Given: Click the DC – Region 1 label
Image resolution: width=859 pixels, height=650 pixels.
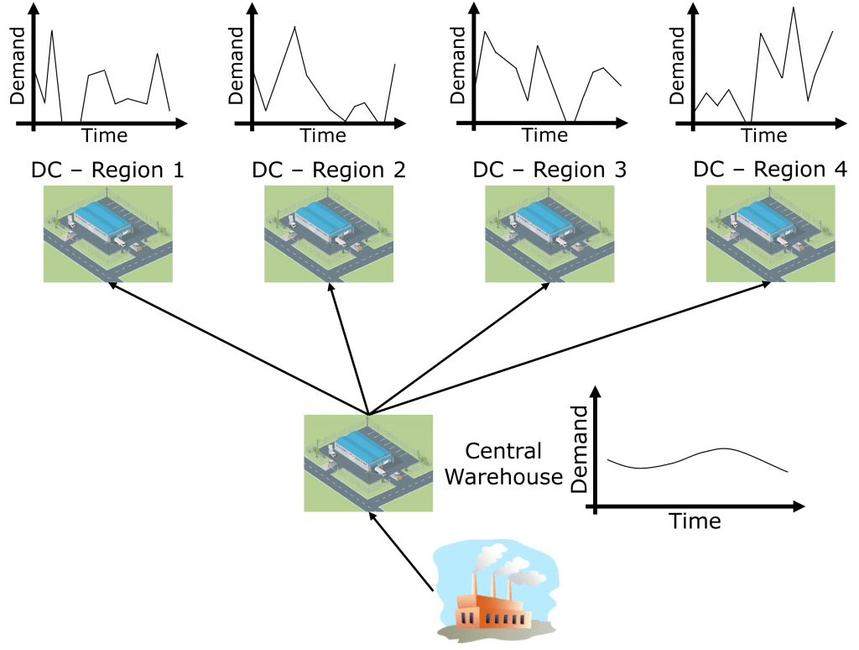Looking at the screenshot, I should point(107,170).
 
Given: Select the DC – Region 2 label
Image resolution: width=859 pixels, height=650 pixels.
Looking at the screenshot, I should point(329,170).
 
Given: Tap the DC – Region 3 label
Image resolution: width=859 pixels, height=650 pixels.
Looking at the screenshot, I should point(549,170).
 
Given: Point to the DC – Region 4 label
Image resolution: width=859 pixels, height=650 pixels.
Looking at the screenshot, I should point(770,170).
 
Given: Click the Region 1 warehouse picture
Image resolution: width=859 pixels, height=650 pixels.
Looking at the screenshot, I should point(107,233).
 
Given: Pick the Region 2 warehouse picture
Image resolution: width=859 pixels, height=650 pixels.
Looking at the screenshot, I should point(329,233).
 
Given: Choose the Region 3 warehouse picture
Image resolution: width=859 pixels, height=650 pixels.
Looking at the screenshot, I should point(549,233).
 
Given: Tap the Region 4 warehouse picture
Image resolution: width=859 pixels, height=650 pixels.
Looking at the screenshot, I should point(770,233).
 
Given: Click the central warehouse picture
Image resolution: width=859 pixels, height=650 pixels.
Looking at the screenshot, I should point(368,463).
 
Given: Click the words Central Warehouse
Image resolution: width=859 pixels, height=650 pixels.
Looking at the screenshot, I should point(503,464).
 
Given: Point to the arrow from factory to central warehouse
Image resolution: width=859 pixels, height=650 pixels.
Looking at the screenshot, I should point(403,550).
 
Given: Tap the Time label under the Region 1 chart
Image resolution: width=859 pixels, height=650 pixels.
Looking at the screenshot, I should point(104,135).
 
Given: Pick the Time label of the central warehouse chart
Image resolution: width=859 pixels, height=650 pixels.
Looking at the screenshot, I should point(695,522).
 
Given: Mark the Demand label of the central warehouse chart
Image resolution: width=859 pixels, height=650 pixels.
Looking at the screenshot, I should point(580,449).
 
